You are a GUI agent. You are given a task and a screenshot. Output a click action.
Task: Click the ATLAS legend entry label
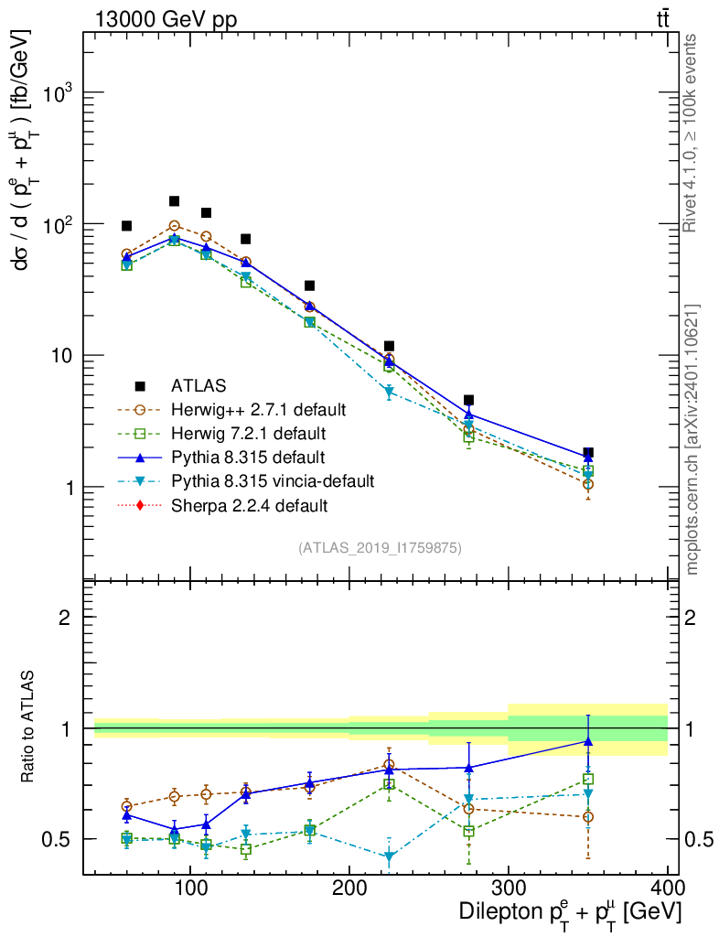coord(198,385)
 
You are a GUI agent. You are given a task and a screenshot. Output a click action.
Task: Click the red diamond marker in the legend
coord(139,504)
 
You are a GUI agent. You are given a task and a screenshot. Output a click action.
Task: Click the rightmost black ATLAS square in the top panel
coord(588,453)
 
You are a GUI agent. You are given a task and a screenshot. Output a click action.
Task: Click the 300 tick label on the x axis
coord(508,888)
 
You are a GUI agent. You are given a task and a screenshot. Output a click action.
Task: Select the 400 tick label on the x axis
coord(667,888)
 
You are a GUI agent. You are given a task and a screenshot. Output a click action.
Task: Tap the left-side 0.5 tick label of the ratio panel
coord(61,839)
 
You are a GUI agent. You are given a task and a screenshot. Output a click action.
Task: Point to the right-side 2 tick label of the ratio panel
coord(692,618)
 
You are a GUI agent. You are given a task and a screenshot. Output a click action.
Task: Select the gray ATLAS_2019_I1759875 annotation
coord(380,548)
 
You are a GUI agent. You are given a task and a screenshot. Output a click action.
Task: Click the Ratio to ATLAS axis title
coord(28,728)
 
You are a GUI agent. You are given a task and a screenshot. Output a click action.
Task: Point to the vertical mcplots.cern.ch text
coord(692,439)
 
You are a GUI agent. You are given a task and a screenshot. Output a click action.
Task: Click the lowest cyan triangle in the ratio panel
coord(389,857)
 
